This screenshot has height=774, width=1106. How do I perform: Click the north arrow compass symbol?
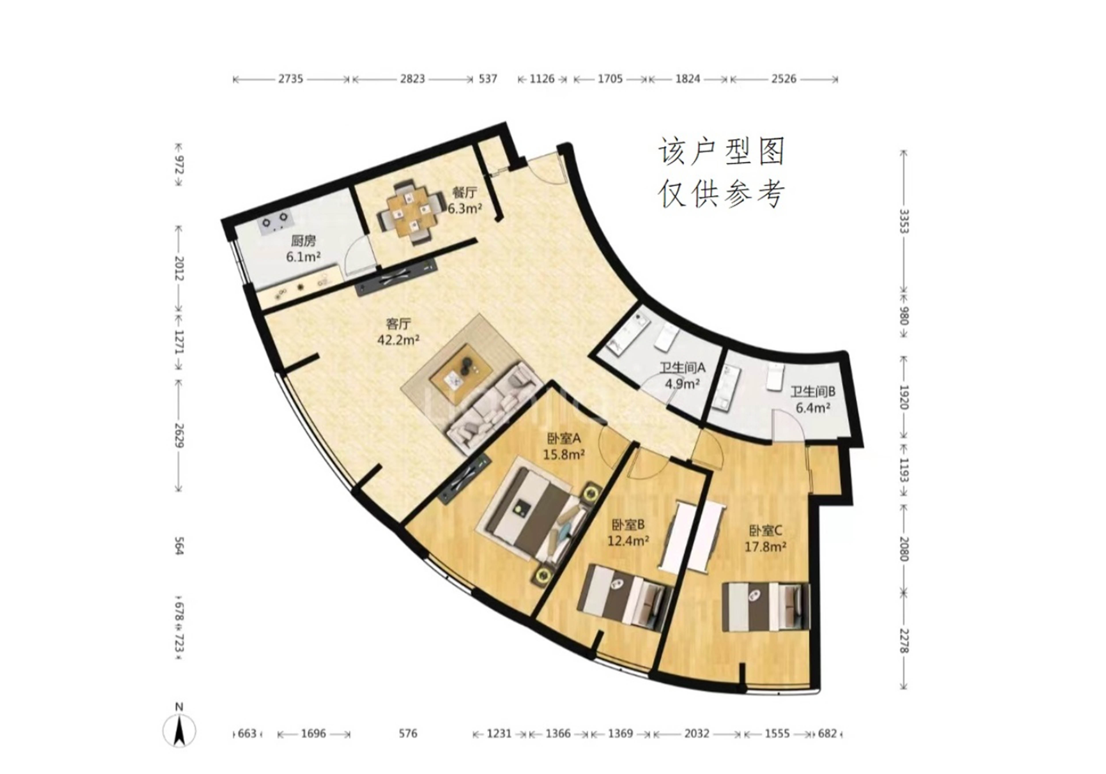(179, 731)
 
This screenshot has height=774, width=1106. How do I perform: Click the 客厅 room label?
(398, 324)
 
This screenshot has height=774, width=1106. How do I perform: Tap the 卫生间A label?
(682, 368)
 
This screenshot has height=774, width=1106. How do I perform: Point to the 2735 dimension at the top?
(290, 79)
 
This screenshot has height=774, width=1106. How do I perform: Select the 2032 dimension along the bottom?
(697, 734)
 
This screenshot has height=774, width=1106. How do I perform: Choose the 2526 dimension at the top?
(784, 79)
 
